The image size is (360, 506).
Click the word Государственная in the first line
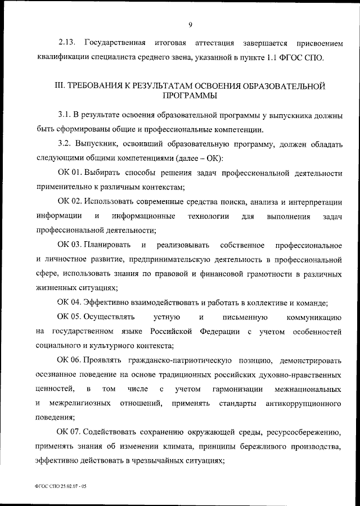(115, 43)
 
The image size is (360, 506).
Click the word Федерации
(221, 332)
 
